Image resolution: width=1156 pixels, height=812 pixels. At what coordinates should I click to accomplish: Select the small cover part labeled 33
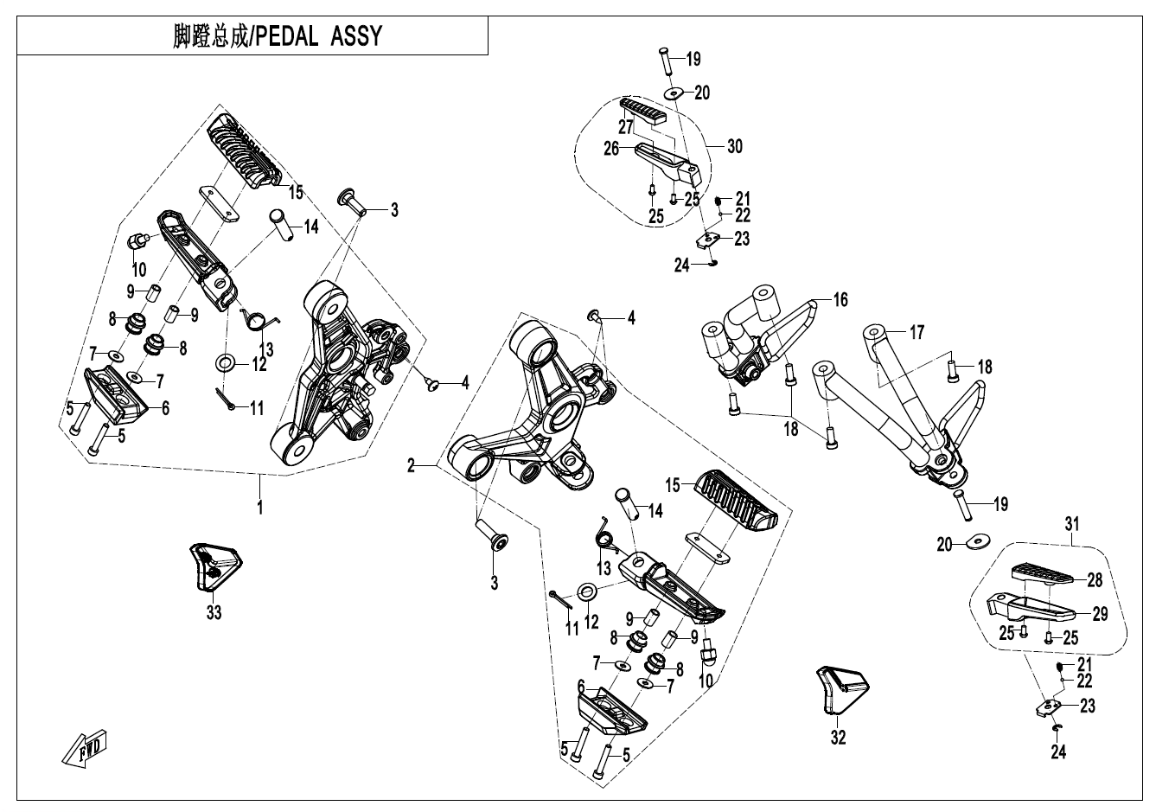pyautogui.click(x=213, y=566)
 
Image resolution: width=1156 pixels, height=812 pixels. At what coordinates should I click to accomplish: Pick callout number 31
pyautogui.click(x=1072, y=523)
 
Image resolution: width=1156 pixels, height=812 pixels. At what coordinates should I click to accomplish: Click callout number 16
pyautogui.click(x=840, y=300)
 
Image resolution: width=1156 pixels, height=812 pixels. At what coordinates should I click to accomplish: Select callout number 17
pyautogui.click(x=917, y=331)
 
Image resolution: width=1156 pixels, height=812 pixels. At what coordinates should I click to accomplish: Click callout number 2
pyautogui.click(x=412, y=466)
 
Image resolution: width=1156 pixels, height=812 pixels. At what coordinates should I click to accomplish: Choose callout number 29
pyautogui.click(x=1100, y=614)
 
